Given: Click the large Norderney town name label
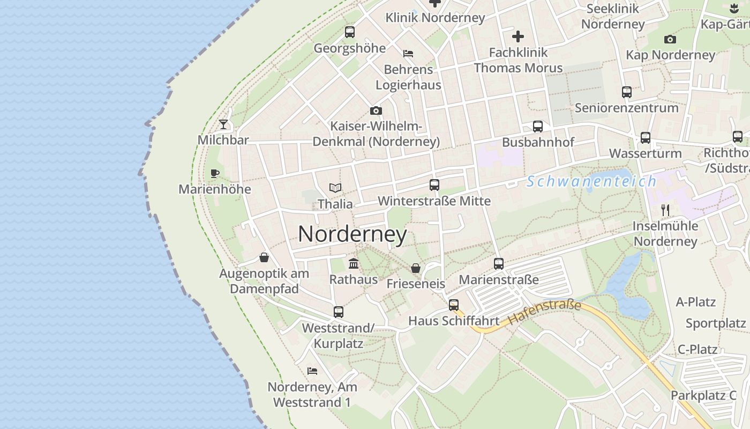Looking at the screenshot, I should click(x=352, y=234).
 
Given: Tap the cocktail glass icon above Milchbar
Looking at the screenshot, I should click(x=223, y=124).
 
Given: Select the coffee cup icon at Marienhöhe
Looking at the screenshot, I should click(x=214, y=173).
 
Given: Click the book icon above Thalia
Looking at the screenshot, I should click(x=335, y=188).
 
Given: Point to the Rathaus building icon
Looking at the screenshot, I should click(x=354, y=263).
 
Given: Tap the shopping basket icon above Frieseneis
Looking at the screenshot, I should click(x=416, y=268).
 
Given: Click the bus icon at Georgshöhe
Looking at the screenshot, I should click(x=350, y=32).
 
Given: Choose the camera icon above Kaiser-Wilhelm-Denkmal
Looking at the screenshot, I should click(x=376, y=110).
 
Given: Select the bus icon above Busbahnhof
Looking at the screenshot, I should click(x=538, y=127).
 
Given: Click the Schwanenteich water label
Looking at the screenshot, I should click(x=591, y=181).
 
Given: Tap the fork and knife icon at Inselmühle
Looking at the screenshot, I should click(x=665, y=210).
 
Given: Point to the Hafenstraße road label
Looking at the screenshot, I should click(x=544, y=313).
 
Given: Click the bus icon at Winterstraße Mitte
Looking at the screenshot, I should click(x=434, y=185).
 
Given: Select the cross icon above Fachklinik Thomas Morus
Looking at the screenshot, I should click(x=518, y=36).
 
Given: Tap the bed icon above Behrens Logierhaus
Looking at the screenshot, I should click(x=408, y=53).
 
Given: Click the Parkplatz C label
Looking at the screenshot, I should click(x=703, y=396).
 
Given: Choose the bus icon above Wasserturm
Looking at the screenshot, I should click(x=646, y=138).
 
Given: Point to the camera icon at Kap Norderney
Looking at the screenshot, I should click(x=670, y=39).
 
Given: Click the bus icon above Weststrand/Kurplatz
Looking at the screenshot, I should click(x=339, y=312).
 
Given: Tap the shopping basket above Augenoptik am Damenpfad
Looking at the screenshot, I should click(x=264, y=257).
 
